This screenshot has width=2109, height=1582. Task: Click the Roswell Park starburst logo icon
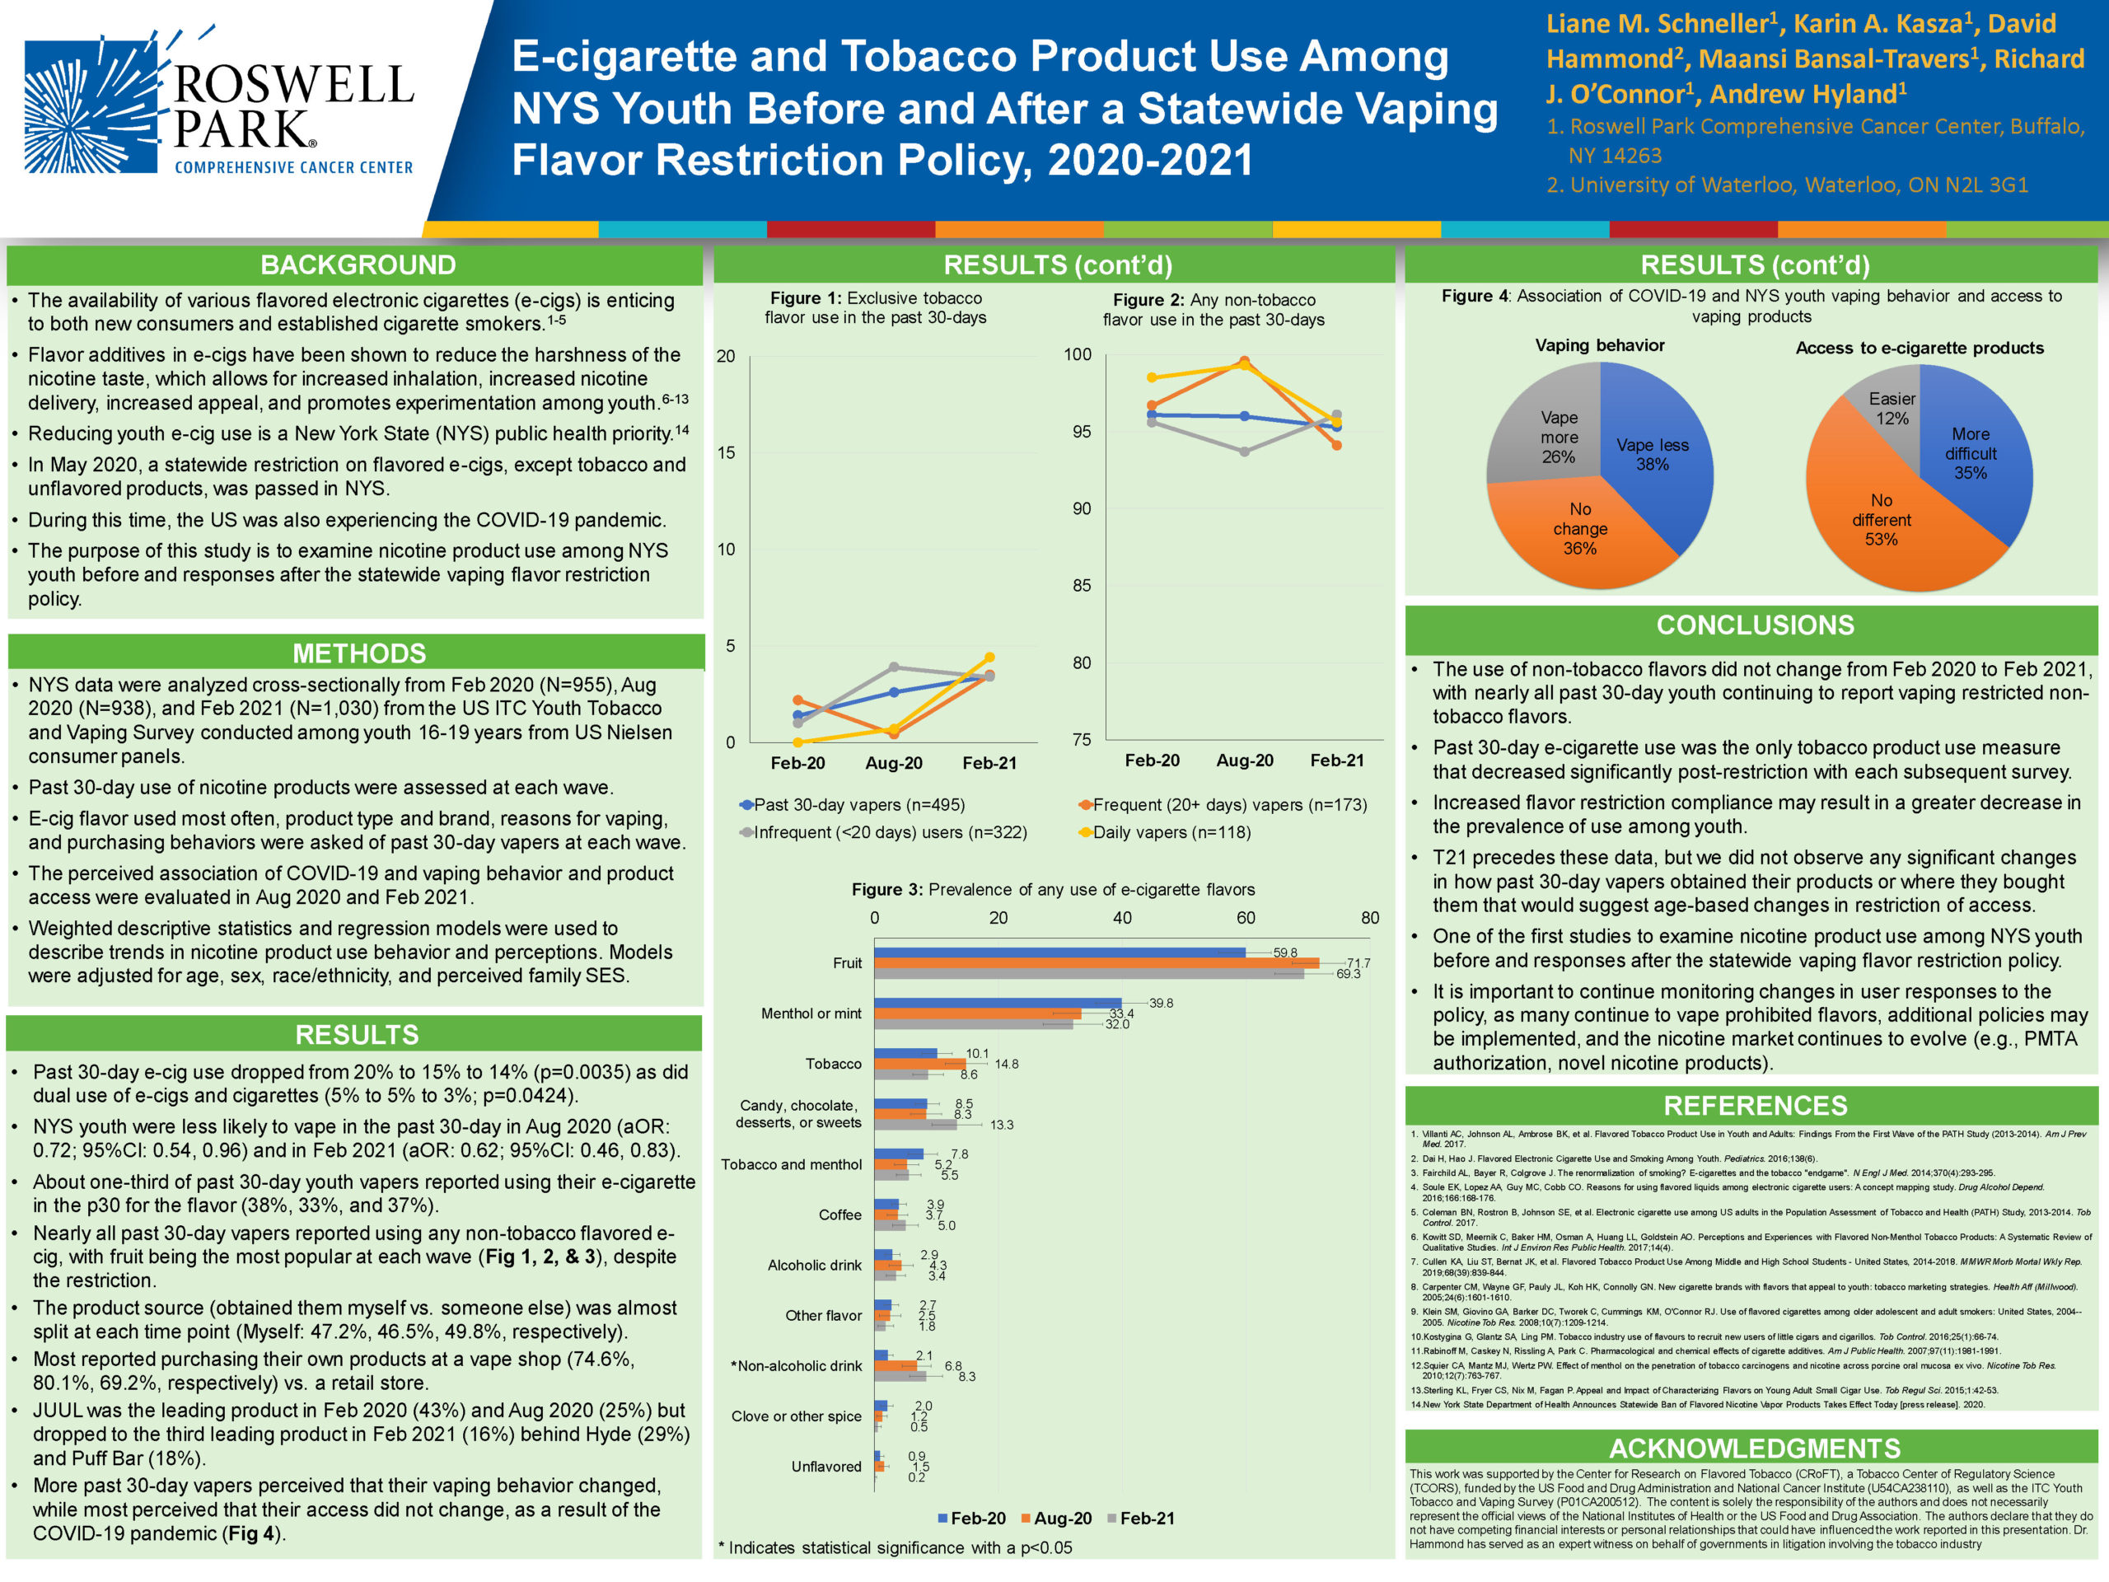[x=91, y=105]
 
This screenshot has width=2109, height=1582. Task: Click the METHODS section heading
[x=358, y=653]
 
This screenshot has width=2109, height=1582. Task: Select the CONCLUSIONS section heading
[x=1754, y=625]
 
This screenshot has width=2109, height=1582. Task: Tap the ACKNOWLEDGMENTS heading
[x=1754, y=1449]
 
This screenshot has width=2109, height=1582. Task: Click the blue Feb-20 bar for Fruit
[x=1059, y=952]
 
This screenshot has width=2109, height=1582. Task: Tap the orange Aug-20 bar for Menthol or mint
[x=977, y=1013]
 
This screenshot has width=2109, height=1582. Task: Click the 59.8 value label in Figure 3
[x=1284, y=952]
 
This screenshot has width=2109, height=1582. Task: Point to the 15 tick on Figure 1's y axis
[x=727, y=453]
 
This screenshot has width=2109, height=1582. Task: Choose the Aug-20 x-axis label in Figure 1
[x=893, y=763]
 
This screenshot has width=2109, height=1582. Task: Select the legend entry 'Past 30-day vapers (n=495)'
[x=859, y=805]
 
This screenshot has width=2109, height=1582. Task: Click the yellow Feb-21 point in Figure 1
[x=989, y=657]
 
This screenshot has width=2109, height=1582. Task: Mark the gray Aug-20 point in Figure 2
[x=1244, y=452]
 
